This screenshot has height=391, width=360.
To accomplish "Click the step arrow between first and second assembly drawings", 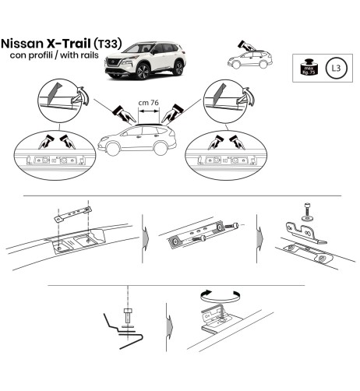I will [x=144, y=234].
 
